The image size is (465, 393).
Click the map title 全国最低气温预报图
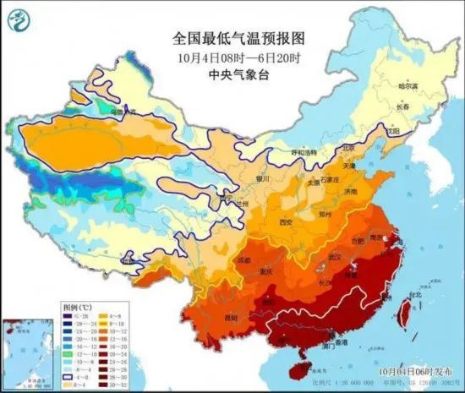click(232, 39)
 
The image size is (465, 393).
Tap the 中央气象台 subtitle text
click(232, 74)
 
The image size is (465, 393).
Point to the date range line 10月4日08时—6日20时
click(232, 57)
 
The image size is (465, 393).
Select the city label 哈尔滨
click(408, 86)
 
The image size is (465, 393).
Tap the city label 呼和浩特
click(302, 152)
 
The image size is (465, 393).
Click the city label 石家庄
click(339, 179)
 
